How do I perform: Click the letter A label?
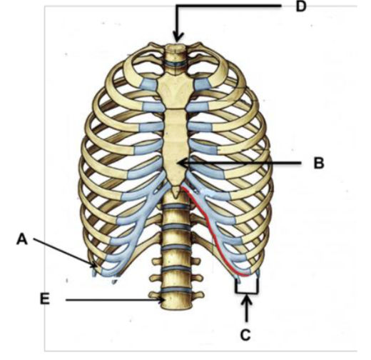[x=22, y=239]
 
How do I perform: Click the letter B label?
[x=319, y=163]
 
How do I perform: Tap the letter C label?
[x=245, y=335]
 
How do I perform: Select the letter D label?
[x=301, y=6]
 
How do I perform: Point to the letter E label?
[x=45, y=299]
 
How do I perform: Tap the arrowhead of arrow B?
[x=183, y=164]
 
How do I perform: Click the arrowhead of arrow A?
[x=94, y=264]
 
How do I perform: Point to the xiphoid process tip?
[x=176, y=196]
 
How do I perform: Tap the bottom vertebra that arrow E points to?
[x=176, y=301]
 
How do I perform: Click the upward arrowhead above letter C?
[x=247, y=299]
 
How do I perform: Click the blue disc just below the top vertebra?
[x=176, y=64]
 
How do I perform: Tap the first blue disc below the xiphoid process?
[x=176, y=206]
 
